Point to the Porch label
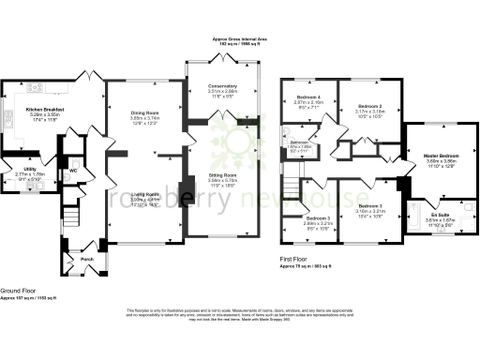tap(86, 259)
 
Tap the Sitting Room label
tap(222, 174)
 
